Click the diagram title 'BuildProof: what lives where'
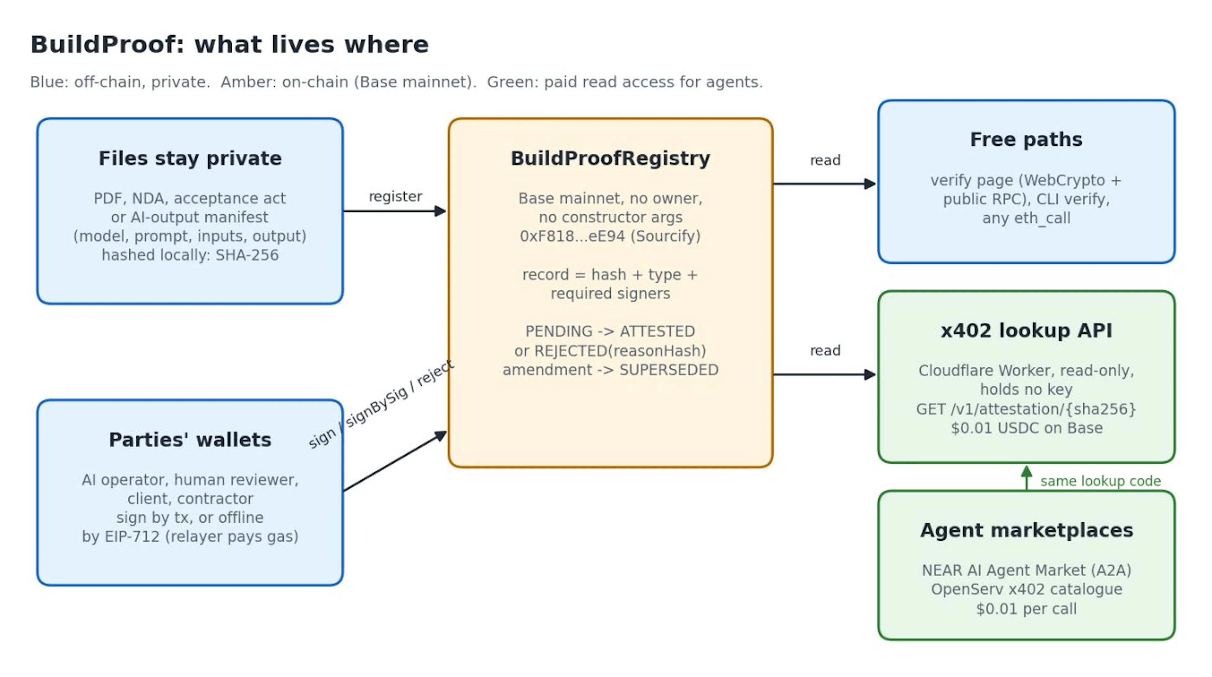pos(229,45)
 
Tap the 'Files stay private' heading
pos(190,158)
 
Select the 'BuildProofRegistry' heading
pos(610,158)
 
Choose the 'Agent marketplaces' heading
pos(1026,530)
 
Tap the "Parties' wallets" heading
pos(190,440)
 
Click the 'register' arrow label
pos(395,196)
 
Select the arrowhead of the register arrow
pos(440,211)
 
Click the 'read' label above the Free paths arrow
pos(825,160)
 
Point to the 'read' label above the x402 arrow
pos(825,351)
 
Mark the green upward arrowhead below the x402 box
pos(1027,472)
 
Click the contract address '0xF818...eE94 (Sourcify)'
pos(610,236)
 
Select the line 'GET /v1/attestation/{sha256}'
pos(1026,409)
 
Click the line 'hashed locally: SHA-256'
pos(190,255)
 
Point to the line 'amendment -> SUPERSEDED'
pos(610,370)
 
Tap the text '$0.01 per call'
pos(1026,609)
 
